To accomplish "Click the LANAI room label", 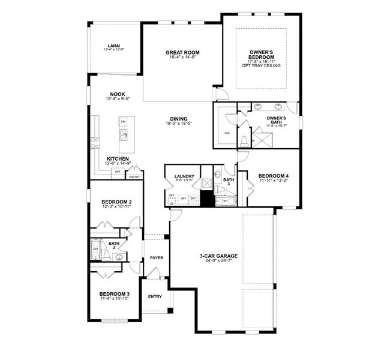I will pyautogui.click(x=114, y=45).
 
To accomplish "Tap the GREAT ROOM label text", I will pyautogui.click(x=182, y=53).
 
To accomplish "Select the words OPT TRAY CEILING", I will pyautogui.click(x=260, y=67).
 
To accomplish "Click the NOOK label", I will pyautogui.click(x=117, y=94).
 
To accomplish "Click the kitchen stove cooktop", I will pyautogui.click(x=95, y=142).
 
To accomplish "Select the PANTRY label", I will pyautogui.click(x=134, y=177).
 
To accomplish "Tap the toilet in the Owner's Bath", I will pyautogui.click(x=244, y=141).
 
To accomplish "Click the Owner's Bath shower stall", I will pyautogui.click(x=262, y=140).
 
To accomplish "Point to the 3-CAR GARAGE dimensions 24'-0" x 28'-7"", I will pyautogui.click(x=218, y=261).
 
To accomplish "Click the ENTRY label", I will pyautogui.click(x=155, y=296).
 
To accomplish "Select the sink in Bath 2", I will pyautogui.click(x=119, y=257).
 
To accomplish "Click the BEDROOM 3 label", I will pyautogui.click(x=115, y=293).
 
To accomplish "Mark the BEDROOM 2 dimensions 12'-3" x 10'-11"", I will pyautogui.click(x=116, y=207).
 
